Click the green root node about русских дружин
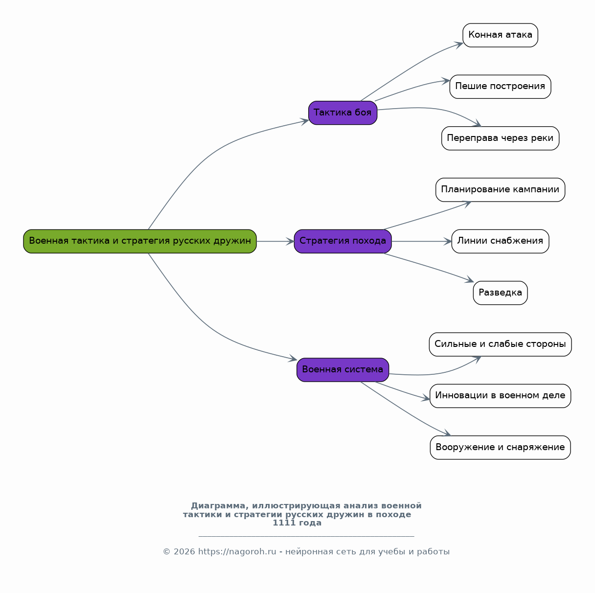tap(140, 241)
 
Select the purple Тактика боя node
tap(343, 113)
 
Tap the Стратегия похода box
tap(343, 241)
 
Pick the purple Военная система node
tap(343, 370)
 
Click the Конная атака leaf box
tap(500, 35)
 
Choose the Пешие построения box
tap(500, 87)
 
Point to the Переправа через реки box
tap(500, 138)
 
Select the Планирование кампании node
tap(500, 190)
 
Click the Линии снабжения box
tap(500, 241)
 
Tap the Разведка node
tap(500, 293)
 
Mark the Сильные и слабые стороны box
tap(500, 344)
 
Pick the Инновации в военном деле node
tap(500, 396)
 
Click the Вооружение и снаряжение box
tap(500, 448)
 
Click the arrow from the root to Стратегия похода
tap(275, 241)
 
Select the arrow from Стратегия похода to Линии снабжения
tap(421, 241)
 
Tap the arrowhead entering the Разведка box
tap(470, 279)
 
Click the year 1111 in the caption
tap(284, 523)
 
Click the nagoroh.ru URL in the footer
tap(237, 551)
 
